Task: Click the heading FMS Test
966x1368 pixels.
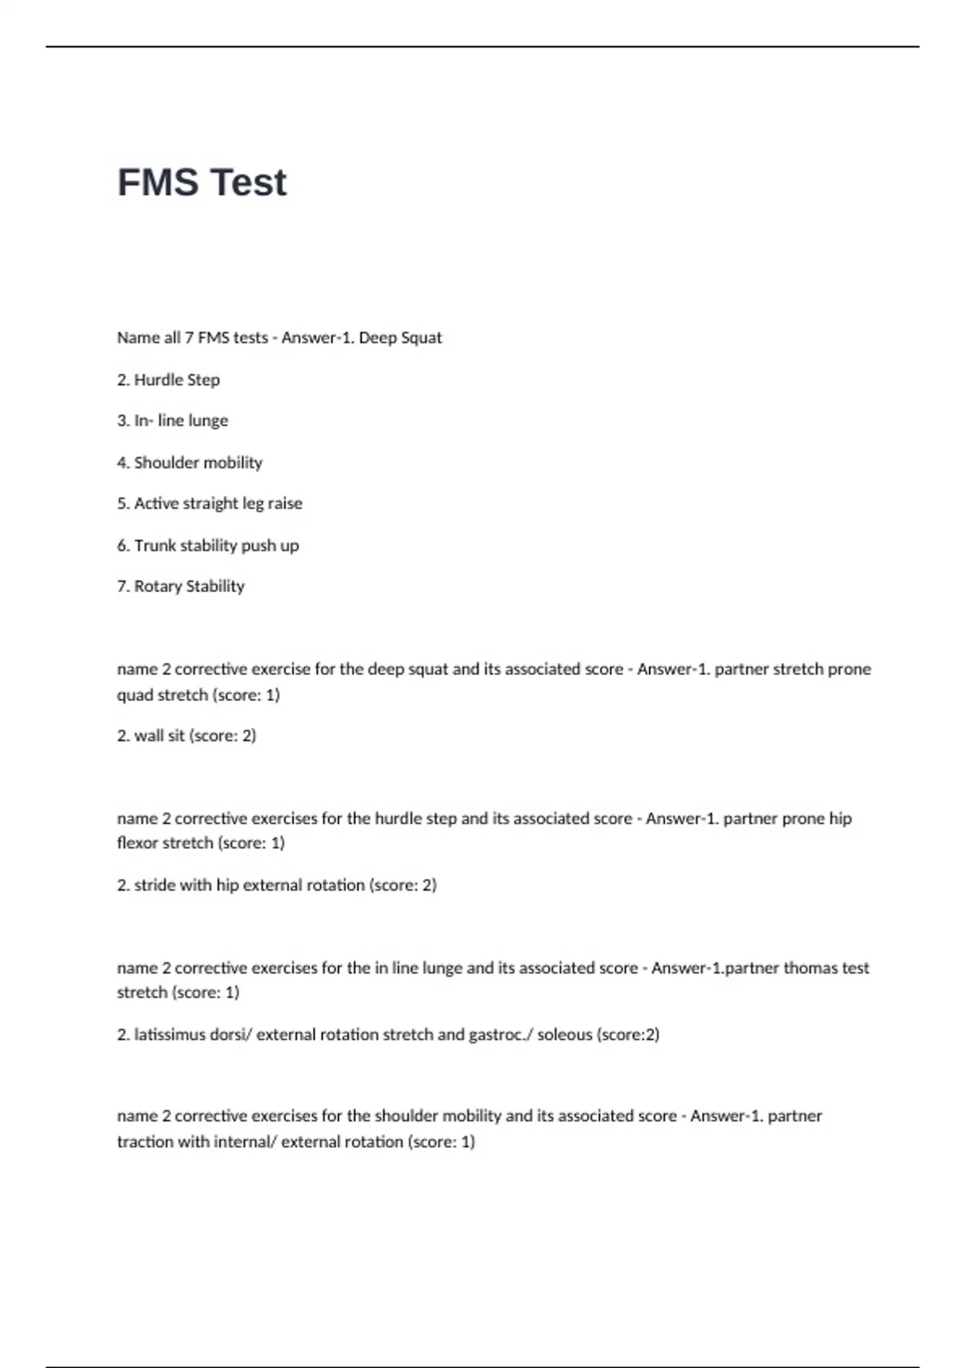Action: tap(201, 183)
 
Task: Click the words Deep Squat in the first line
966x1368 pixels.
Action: tap(400, 338)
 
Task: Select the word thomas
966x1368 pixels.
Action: tap(810, 968)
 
